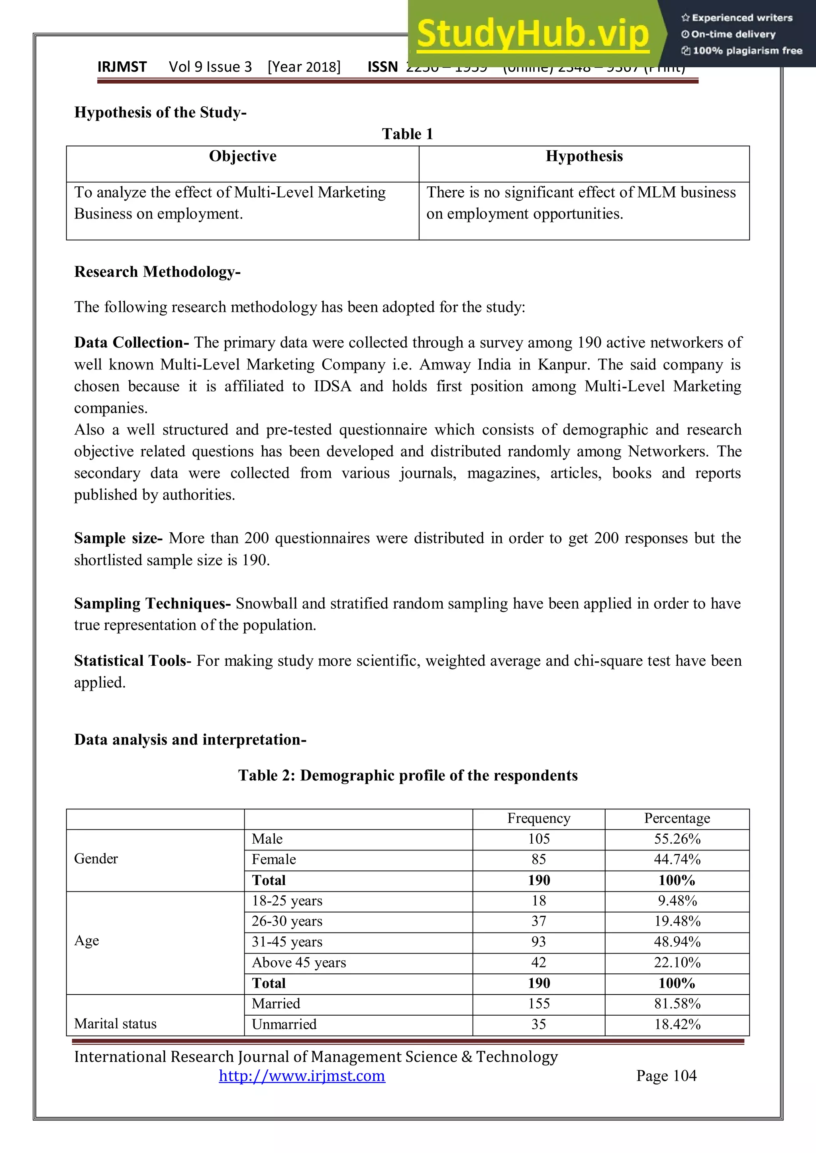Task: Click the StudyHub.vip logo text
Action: [533, 34]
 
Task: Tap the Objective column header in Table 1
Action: [243, 156]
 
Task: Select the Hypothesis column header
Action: [584, 156]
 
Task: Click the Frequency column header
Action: [539, 818]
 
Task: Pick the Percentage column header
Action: [677, 818]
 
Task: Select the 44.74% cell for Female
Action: [677, 859]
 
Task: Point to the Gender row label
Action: [96, 859]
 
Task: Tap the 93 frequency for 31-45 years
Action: [539, 942]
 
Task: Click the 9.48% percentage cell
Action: [677, 901]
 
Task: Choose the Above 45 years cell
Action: [299, 962]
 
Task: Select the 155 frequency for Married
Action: [539, 1003]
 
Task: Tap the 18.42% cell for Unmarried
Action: [677, 1024]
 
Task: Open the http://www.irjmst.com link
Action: [302, 1076]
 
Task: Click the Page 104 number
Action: [666, 1076]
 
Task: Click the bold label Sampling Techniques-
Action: [152, 603]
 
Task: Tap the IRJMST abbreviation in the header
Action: [122, 67]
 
